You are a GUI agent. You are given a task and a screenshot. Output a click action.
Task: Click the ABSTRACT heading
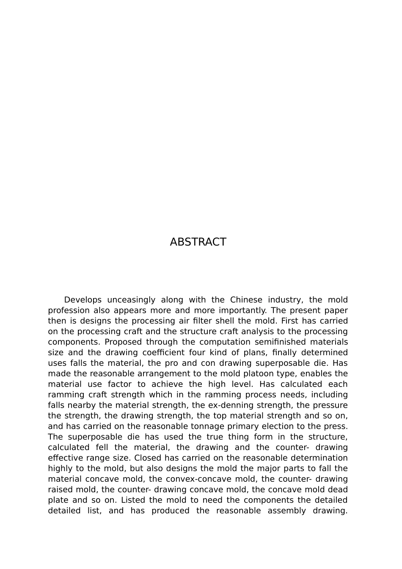click(x=198, y=242)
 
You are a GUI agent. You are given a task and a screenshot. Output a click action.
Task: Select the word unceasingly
click(x=131, y=300)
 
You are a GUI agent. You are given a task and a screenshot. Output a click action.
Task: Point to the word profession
click(x=68, y=310)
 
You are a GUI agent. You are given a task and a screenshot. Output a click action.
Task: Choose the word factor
click(x=120, y=384)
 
